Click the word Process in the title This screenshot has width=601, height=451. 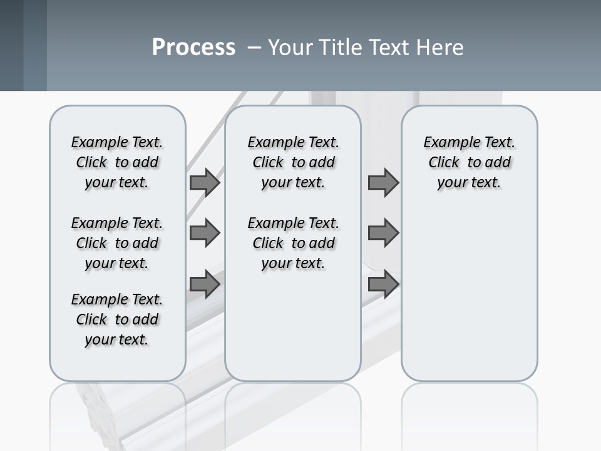pos(193,47)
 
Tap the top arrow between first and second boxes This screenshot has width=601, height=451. pos(205,182)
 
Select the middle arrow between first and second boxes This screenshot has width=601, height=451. pos(205,233)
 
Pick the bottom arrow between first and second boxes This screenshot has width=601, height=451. pos(205,285)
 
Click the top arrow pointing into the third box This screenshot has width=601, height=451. pos(383,182)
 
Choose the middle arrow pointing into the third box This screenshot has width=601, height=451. pos(383,233)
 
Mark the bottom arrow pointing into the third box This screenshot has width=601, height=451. pos(383,285)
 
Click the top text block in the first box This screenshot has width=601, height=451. pos(117,162)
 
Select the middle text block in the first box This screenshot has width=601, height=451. pos(117,243)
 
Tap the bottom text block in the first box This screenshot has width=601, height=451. pos(117,319)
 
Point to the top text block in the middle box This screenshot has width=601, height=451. pos(294,162)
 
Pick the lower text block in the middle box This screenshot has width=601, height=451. pos(294,243)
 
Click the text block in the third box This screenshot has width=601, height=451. pos(470,162)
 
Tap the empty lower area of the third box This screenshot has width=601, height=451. pos(470,301)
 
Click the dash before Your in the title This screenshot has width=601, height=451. pos(254,48)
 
